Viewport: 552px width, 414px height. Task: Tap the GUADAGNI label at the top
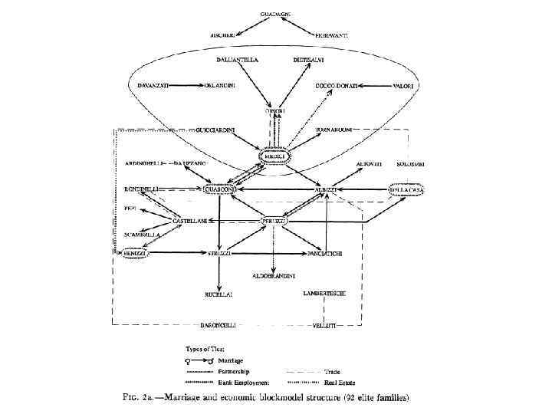(274, 14)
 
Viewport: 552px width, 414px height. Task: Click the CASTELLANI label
(189, 221)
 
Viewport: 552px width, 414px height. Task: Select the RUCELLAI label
(219, 294)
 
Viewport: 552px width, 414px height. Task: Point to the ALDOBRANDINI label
(274, 274)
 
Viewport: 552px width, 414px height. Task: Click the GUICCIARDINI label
(216, 130)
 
